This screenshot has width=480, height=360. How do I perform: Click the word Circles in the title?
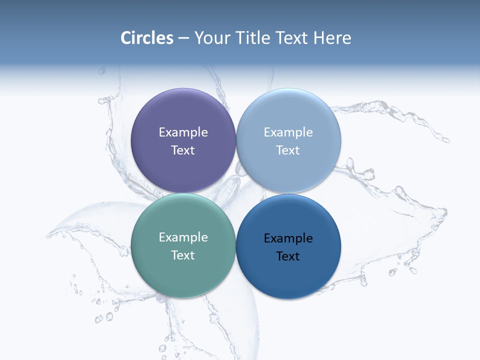click(147, 38)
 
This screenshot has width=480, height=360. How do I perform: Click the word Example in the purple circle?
click(183, 132)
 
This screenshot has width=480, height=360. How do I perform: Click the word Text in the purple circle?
click(183, 150)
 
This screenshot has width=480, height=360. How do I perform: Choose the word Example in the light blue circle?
click(288, 132)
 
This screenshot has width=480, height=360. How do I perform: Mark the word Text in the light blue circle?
click(288, 150)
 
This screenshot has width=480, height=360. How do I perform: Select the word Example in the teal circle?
click(183, 237)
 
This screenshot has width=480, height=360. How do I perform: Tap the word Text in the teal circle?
click(183, 255)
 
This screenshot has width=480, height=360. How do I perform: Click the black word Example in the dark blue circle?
click(288, 238)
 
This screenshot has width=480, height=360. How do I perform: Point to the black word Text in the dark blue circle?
click(288, 256)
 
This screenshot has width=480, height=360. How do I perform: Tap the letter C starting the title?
click(125, 38)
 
